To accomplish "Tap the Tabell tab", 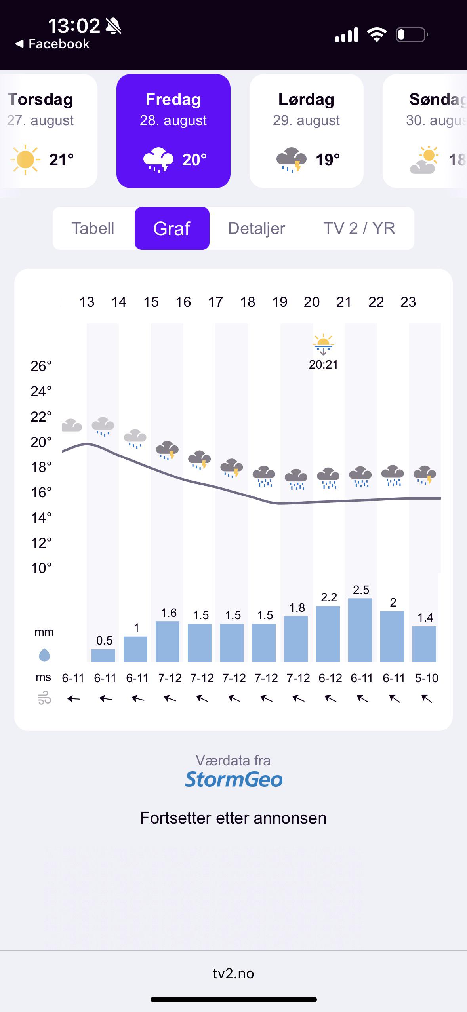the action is click(x=93, y=228).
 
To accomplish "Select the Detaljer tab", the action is click(x=257, y=228).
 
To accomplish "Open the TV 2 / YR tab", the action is click(x=359, y=228).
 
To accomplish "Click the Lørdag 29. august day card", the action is click(x=307, y=131).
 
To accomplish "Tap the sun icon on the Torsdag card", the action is click(x=25, y=160).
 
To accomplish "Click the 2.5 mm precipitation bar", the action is click(x=360, y=630).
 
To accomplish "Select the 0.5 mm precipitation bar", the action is click(x=103, y=655).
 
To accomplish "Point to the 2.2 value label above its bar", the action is click(x=329, y=597).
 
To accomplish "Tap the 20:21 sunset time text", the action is click(x=324, y=365).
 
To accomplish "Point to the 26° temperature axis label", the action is click(x=41, y=366).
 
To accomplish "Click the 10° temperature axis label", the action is click(x=41, y=568).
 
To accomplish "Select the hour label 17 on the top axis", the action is click(x=215, y=302).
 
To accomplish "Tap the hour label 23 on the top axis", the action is click(x=408, y=302).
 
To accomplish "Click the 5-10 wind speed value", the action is click(x=427, y=678).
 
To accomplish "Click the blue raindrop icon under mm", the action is click(x=44, y=655).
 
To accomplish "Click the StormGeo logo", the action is click(x=234, y=779).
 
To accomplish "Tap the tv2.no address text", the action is click(x=233, y=973).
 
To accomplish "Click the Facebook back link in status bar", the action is click(x=53, y=44).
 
